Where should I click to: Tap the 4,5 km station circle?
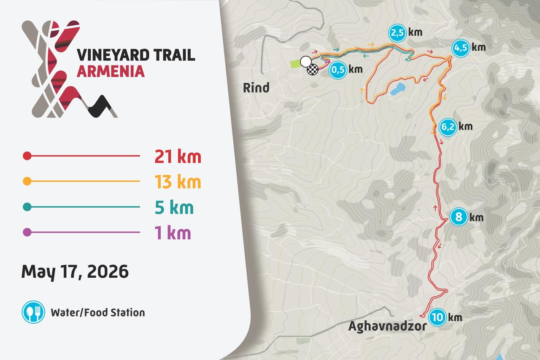click(x=460, y=48)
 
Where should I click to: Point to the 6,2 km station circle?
click(x=448, y=127)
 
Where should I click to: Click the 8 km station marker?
click(x=459, y=218)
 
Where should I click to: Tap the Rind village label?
click(x=256, y=88)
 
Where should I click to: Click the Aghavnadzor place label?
click(x=387, y=326)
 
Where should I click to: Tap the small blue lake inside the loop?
click(x=398, y=89)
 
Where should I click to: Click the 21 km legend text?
click(x=178, y=157)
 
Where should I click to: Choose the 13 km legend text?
click(x=178, y=182)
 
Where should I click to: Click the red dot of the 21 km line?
click(x=27, y=156)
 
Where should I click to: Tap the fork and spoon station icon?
click(x=33, y=312)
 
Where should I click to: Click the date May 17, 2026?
click(x=75, y=271)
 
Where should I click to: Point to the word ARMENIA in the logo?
click(x=111, y=71)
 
